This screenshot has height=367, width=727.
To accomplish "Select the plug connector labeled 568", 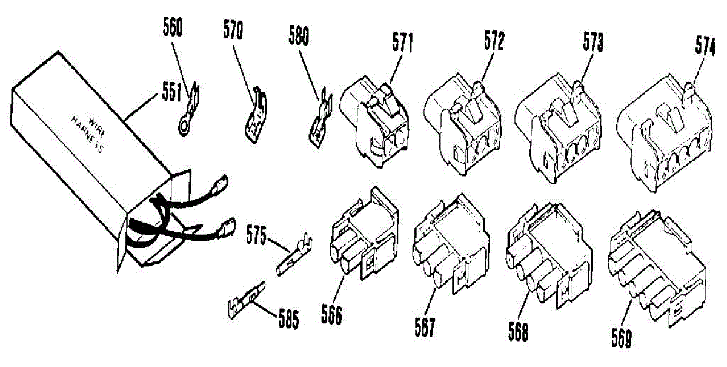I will [x=548, y=255].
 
